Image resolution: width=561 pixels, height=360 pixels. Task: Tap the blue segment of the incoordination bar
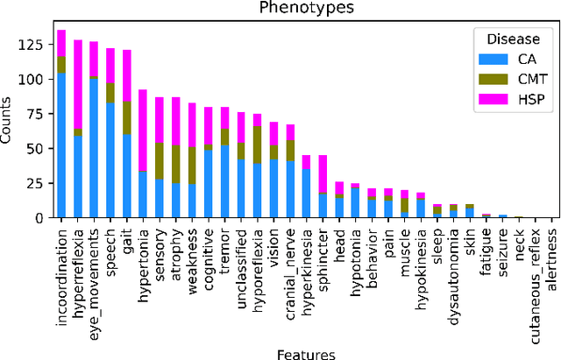click(x=62, y=145)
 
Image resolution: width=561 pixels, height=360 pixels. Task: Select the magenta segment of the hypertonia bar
click(x=142, y=131)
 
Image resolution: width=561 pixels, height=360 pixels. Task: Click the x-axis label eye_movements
click(x=95, y=265)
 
